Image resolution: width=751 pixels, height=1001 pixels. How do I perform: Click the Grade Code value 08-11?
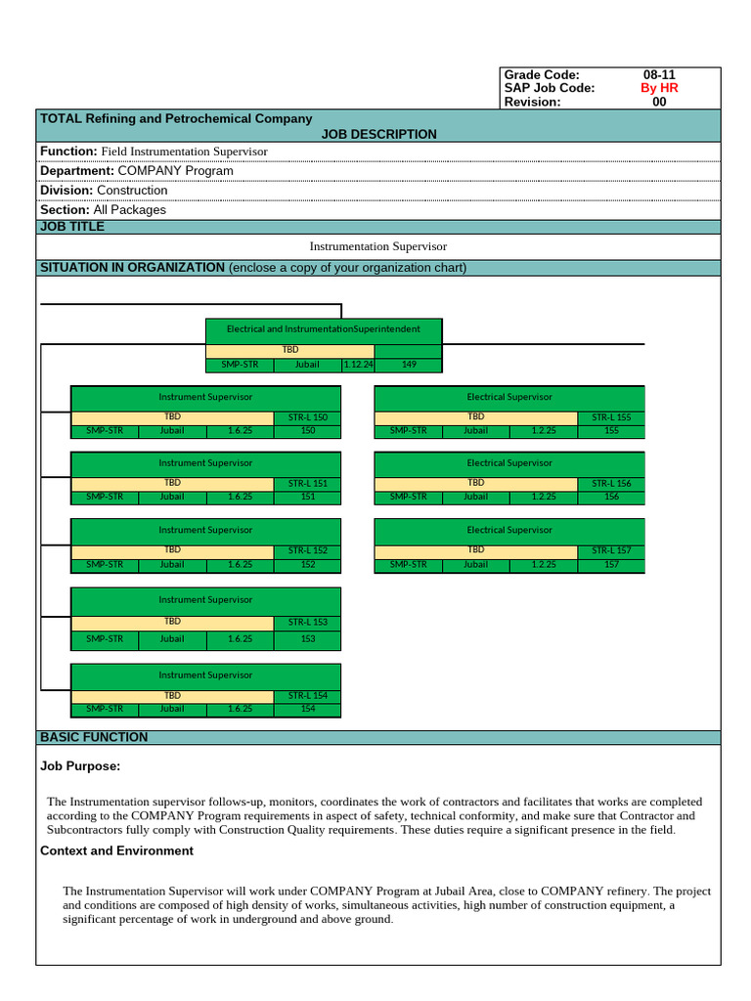pyautogui.click(x=658, y=75)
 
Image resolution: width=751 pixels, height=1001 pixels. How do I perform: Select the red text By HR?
pyautogui.click(x=658, y=88)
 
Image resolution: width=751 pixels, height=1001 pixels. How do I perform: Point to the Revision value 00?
pyautogui.click(x=658, y=102)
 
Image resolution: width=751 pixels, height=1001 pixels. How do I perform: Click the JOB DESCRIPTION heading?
pyautogui.click(x=378, y=134)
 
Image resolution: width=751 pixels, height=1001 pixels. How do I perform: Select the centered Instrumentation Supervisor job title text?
pyautogui.click(x=377, y=247)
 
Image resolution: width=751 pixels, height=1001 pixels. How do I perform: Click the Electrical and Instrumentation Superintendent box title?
pyautogui.click(x=324, y=329)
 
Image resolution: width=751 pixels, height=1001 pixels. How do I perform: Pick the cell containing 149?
pyautogui.click(x=408, y=366)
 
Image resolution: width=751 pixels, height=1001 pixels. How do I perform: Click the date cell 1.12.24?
pyautogui.click(x=358, y=366)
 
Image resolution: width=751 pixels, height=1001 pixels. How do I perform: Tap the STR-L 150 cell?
pyautogui.click(x=307, y=418)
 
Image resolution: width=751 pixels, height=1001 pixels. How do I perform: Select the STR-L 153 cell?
pyautogui.click(x=307, y=622)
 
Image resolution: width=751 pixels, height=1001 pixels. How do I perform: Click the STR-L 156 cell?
pyautogui.click(x=611, y=484)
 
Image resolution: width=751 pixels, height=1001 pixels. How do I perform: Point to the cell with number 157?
pyautogui.click(x=611, y=564)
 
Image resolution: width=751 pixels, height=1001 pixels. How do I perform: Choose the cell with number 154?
pyautogui.click(x=307, y=709)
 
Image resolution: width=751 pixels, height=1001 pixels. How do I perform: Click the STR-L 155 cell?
pyautogui.click(x=611, y=418)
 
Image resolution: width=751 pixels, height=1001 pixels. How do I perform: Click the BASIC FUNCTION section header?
pyautogui.click(x=94, y=737)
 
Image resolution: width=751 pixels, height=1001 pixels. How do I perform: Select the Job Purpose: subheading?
pyautogui.click(x=80, y=767)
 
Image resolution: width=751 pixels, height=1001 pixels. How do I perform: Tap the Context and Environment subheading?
pyautogui.click(x=116, y=851)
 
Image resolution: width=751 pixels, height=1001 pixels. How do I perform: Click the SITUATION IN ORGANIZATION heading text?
pyautogui.click(x=132, y=268)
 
